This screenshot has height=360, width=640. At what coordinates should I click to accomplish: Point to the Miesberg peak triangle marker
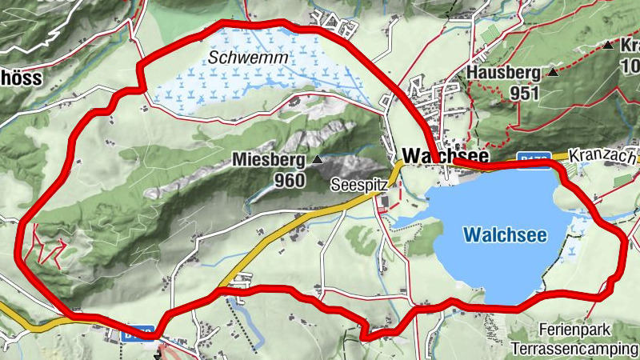pyautogui.click(x=318, y=160)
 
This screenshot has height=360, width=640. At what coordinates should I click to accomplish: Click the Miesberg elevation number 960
pyautogui.click(x=289, y=180)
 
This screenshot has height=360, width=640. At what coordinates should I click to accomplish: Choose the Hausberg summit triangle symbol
pyautogui.click(x=553, y=73)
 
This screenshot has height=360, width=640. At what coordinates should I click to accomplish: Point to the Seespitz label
pyautogui.click(x=359, y=185)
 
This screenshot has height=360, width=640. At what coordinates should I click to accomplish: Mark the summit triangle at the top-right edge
pyautogui.click(x=610, y=46)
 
